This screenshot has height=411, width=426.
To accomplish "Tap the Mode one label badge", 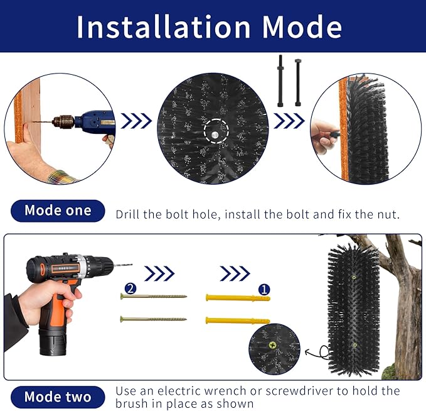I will [x=57, y=211].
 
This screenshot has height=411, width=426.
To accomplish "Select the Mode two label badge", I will [x=57, y=397].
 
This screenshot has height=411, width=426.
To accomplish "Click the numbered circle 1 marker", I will [x=264, y=290].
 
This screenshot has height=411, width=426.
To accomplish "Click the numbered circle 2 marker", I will [x=130, y=288].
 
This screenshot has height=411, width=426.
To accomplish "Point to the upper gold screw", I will [x=154, y=296].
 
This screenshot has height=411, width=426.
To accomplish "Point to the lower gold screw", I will [x=154, y=319].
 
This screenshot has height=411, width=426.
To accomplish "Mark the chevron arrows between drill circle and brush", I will [x=136, y=121].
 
